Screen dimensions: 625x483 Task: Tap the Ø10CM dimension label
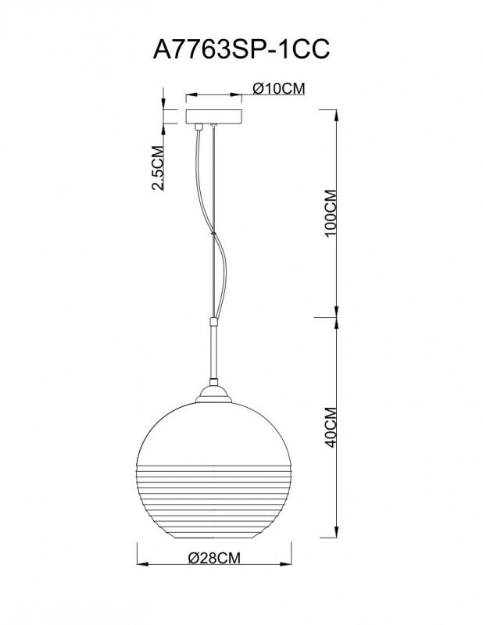(x=278, y=89)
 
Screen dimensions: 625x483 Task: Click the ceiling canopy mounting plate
(x=213, y=115)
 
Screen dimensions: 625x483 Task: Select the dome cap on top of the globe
(x=213, y=396)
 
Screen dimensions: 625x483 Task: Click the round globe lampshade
(x=213, y=453)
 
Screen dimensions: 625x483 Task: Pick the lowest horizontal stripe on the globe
(x=213, y=521)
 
